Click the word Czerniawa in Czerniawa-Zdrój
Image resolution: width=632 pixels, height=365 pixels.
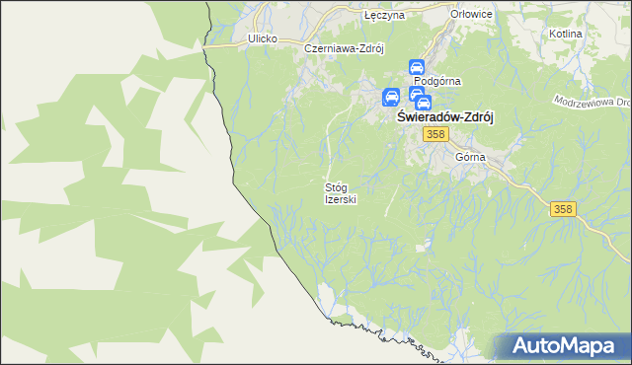[332, 47]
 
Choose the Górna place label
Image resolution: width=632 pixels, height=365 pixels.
[470, 157]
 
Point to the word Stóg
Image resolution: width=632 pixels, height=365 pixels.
[336, 186]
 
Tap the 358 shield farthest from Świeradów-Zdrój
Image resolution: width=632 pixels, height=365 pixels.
[563, 208]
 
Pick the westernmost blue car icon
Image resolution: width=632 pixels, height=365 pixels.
[391, 97]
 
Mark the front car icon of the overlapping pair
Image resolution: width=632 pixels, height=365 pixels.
[423, 102]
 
